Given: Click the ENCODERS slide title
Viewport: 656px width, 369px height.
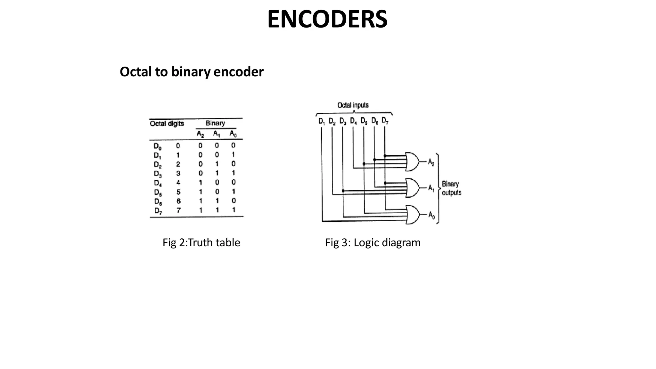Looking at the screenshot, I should pyautogui.click(x=327, y=20).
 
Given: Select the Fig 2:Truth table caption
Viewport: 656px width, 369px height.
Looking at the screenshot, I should pyautogui.click(x=201, y=242).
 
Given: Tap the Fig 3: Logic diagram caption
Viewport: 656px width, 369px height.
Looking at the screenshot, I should pyautogui.click(x=373, y=242).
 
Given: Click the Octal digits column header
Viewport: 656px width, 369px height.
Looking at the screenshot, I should pyautogui.click(x=167, y=124).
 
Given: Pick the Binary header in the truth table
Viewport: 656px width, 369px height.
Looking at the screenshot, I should pyautogui.click(x=215, y=123).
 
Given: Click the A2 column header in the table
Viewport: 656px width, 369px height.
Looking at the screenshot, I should pyautogui.click(x=200, y=134).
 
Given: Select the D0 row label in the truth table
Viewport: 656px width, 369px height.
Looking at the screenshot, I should pyautogui.click(x=158, y=146).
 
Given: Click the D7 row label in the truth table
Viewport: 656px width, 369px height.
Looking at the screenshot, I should pyautogui.click(x=158, y=211).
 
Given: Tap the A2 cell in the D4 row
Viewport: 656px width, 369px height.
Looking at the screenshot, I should pyautogui.click(x=201, y=183).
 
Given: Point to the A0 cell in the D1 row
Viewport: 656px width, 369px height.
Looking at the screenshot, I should pyautogui.click(x=233, y=155).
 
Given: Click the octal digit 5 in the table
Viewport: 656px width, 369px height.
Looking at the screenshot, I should pyautogui.click(x=178, y=192).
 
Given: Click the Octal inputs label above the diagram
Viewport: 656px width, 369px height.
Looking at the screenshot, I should pyautogui.click(x=353, y=105).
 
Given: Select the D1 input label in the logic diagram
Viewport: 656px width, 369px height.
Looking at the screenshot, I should pyautogui.click(x=322, y=121).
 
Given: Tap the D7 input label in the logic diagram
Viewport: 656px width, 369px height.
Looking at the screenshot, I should pyautogui.click(x=385, y=121).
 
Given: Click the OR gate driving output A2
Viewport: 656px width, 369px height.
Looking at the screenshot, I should pyautogui.click(x=412, y=161).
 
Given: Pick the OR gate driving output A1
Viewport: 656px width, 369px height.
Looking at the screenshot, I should pyautogui.click(x=412, y=188).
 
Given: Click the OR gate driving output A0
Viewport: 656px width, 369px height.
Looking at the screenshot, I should pyautogui.click(x=412, y=214).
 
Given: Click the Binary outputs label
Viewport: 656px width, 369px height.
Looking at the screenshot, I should pyautogui.click(x=451, y=188).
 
